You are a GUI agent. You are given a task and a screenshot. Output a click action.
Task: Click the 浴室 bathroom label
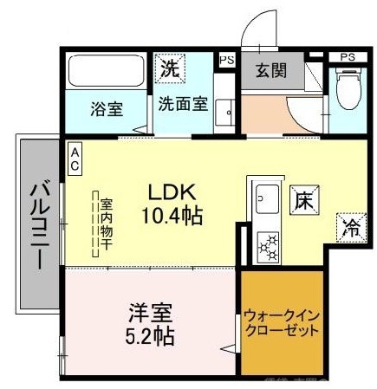point(107,110)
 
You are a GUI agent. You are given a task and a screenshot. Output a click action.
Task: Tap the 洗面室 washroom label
point(182,105)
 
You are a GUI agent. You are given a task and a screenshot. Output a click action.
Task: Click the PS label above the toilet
point(348,57)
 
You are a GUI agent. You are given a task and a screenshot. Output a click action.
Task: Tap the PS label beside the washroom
point(227,61)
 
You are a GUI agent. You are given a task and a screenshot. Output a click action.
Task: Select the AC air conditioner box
point(75,159)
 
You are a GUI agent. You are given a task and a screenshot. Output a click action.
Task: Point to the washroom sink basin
point(227,112)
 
